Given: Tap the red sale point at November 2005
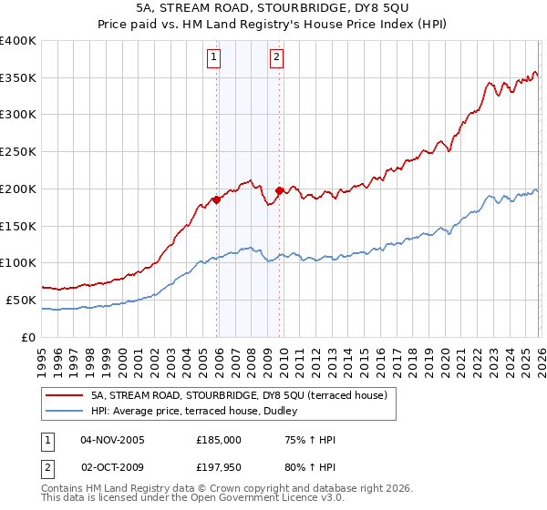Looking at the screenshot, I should [216, 199].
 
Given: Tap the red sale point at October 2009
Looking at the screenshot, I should [279, 190].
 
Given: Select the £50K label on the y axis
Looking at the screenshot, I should [18, 300].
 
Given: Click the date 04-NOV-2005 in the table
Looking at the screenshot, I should [113, 440].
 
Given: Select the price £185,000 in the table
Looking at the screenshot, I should [219, 440].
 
